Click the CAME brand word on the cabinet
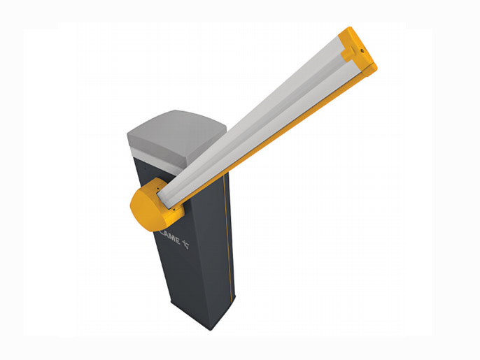click(170, 237)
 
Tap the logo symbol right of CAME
click(186, 244)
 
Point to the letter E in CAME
click(177, 240)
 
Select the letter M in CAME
click(172, 238)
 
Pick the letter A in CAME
click(167, 235)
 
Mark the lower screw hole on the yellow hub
click(174, 210)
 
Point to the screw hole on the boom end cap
click(362, 50)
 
